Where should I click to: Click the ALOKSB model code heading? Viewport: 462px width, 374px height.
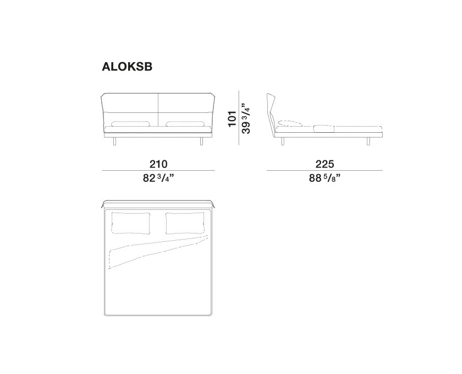pyautogui.click(x=127, y=67)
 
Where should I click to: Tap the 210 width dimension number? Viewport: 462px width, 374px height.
pyautogui.click(x=158, y=164)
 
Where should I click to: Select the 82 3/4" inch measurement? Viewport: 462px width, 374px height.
pyautogui.click(x=158, y=178)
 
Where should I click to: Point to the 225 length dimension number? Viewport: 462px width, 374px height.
pyautogui.click(x=324, y=164)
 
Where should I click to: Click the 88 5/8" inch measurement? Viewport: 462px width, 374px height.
pyautogui.click(x=324, y=178)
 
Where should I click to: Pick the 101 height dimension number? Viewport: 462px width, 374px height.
pyautogui.click(x=233, y=118)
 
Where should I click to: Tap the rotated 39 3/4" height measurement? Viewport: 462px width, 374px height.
pyautogui.click(x=246, y=118)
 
